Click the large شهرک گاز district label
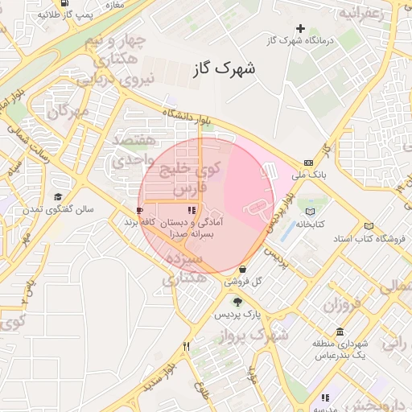click(x=224, y=69)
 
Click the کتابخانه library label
click(x=308, y=225)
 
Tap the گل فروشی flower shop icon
click(x=244, y=270)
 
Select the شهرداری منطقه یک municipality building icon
click(x=340, y=332)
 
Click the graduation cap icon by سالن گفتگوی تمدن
click(x=58, y=197)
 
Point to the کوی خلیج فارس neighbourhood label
click(x=191, y=178)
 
